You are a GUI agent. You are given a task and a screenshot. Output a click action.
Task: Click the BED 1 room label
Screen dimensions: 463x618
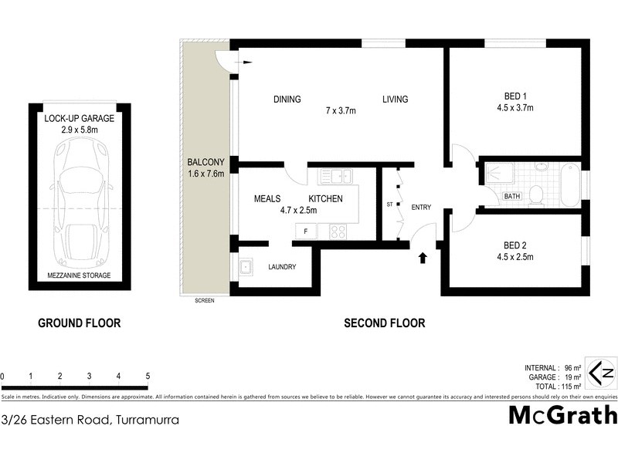pyautogui.click(x=512, y=96)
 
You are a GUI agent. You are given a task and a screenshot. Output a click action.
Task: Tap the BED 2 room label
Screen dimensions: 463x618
pyautogui.click(x=512, y=247)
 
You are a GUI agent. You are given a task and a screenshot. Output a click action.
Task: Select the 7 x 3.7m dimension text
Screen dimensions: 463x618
pyautogui.click(x=341, y=110)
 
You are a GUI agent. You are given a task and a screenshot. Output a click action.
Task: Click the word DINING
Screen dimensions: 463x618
pyautogui.click(x=287, y=100)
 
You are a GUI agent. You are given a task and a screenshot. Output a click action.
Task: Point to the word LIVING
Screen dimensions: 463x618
pyautogui.click(x=394, y=100)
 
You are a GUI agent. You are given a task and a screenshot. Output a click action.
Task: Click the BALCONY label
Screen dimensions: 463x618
pyautogui.click(x=205, y=162)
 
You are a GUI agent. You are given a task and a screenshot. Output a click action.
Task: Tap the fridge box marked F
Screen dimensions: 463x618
pyautogui.click(x=306, y=231)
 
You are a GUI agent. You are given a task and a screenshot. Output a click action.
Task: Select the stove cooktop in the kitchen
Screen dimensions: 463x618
pyautogui.click(x=338, y=230)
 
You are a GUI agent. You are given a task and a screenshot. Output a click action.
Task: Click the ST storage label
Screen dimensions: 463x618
pyautogui.click(x=390, y=205)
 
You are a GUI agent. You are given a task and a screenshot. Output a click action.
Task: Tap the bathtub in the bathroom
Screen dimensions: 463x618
pyautogui.click(x=569, y=183)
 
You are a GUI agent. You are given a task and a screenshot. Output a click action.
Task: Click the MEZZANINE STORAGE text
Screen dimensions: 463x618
pyautogui.click(x=80, y=275)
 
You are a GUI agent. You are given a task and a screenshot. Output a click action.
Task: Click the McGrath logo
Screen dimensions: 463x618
pyautogui.click(x=562, y=415)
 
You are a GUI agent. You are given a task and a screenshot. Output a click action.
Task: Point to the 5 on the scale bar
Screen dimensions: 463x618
pyautogui.click(x=147, y=376)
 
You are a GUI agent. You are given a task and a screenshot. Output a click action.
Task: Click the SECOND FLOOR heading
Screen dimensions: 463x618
pyautogui.click(x=384, y=323)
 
